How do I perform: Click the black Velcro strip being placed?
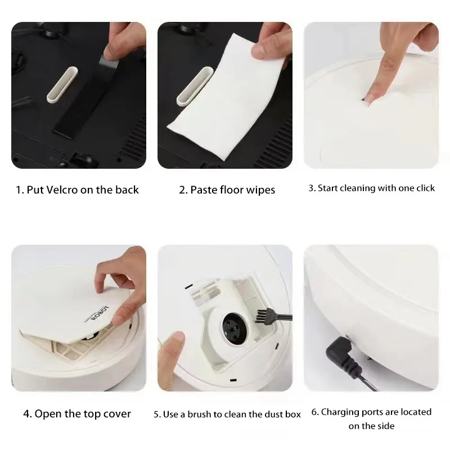coord(84,112)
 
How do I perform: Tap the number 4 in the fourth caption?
coord(26,414)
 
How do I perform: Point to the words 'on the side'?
coord(371,426)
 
